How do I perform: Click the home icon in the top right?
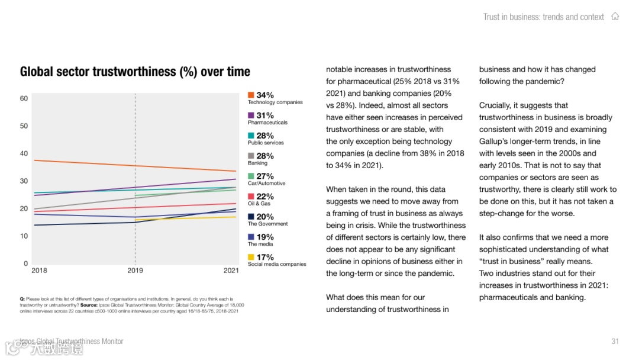615,17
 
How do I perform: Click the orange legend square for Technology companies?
251,95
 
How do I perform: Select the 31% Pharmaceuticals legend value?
265,115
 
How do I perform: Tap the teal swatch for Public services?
251,136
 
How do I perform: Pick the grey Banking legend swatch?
251,156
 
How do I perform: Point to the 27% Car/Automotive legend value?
265,176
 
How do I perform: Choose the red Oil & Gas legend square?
251,197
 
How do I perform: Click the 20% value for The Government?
265,217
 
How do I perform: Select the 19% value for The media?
265,237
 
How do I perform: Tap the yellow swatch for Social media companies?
251,258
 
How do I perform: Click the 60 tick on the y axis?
24,98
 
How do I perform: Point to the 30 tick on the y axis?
24,181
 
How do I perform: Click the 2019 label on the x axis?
135,271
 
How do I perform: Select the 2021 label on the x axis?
231,271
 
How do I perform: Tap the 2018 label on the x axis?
39,271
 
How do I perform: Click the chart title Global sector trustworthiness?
135,72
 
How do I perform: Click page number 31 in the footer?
615,341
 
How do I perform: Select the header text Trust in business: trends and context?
543,17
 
